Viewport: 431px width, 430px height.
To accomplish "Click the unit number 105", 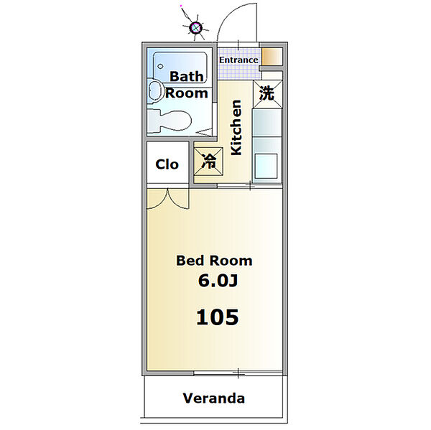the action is [x=217, y=317].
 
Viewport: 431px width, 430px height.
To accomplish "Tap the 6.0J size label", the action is [x=218, y=281].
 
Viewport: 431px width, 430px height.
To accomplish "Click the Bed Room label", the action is [x=214, y=261].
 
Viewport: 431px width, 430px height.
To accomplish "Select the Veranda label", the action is [x=214, y=398].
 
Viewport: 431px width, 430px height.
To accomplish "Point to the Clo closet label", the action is [x=167, y=164].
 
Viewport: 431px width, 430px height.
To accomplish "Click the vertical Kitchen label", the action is [x=236, y=128].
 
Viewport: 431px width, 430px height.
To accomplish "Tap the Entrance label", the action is [x=238, y=60].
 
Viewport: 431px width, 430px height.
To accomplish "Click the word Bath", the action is [x=186, y=76].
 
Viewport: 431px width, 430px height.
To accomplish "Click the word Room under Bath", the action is [x=186, y=93].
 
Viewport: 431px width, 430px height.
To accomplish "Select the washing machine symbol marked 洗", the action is [x=267, y=94].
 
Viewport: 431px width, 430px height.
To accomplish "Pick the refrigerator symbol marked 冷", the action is [x=208, y=162].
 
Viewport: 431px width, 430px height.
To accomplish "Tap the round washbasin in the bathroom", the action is [x=154, y=90].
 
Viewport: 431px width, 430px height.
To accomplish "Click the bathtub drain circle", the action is [x=160, y=66].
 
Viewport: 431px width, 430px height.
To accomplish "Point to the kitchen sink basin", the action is [x=266, y=166].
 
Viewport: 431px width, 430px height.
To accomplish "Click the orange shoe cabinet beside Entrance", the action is [x=272, y=57].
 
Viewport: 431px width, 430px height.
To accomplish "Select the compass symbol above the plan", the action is [x=196, y=27].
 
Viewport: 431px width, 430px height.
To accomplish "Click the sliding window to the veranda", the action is [x=238, y=373].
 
